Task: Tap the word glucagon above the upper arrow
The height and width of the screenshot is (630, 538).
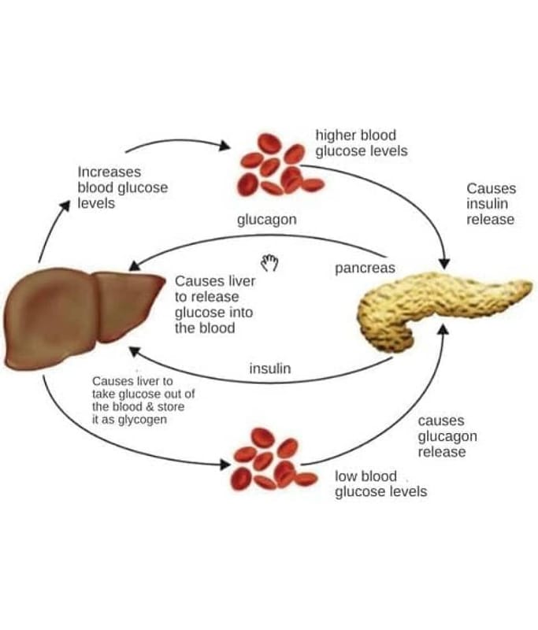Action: [266, 220]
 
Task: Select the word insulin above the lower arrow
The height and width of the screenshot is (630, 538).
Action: [270, 368]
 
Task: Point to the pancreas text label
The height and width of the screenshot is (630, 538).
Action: [365, 269]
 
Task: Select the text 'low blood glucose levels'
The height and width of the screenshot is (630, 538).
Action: [380, 484]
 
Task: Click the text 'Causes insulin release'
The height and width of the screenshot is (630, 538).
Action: [491, 204]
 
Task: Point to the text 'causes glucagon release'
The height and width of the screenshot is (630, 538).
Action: [447, 436]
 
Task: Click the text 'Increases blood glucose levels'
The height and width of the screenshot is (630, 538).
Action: [122, 187]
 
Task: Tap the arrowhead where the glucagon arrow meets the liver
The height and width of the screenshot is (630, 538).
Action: [135, 269]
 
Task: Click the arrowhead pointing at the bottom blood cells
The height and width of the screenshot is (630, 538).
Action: [225, 464]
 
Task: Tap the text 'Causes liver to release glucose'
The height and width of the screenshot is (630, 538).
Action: [214, 304]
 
